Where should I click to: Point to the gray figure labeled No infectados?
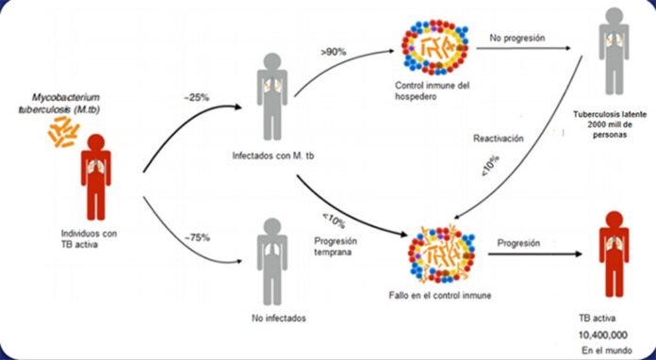click(x=271, y=258)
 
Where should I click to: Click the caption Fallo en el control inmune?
click(x=441, y=299)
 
